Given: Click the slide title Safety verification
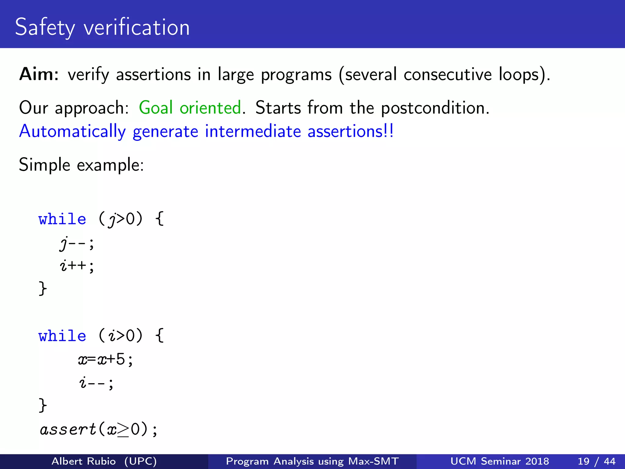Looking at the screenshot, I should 102,27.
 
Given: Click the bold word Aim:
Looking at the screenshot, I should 39,74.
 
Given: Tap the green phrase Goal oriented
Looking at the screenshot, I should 190,108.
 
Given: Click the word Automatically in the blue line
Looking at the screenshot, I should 72,132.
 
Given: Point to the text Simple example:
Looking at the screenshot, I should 81,165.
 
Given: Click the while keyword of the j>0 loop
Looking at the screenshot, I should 62,219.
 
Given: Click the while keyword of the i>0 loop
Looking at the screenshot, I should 62,336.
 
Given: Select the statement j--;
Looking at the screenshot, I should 77,243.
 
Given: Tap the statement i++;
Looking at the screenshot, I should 77,266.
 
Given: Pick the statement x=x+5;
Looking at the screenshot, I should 106,359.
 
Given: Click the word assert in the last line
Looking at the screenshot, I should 68,430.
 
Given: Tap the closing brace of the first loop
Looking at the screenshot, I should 43,288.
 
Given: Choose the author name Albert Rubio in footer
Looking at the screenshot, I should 84,461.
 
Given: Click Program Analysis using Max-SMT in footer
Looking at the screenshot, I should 312,461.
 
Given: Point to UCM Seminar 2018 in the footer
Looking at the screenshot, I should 500,461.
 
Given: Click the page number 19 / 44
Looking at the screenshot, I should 596,461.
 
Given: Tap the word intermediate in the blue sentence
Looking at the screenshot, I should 253,132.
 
